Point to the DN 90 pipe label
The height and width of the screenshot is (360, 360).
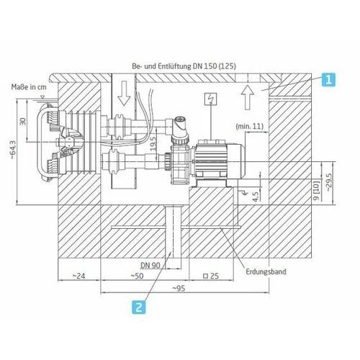click(x=151, y=265)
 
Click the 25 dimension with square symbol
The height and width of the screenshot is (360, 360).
click(x=210, y=276)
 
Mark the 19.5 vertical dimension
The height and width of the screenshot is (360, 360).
click(x=152, y=139)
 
